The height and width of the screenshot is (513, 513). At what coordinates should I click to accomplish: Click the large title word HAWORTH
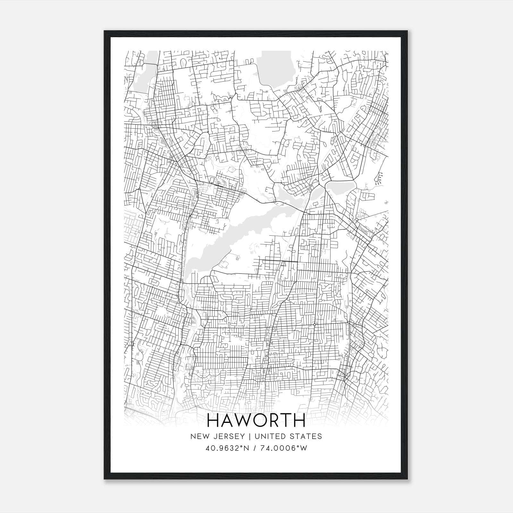pos(256,420)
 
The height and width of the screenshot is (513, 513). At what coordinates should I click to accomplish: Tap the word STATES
pos(306,436)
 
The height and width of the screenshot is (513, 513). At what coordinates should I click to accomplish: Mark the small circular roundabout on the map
pos(315,325)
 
